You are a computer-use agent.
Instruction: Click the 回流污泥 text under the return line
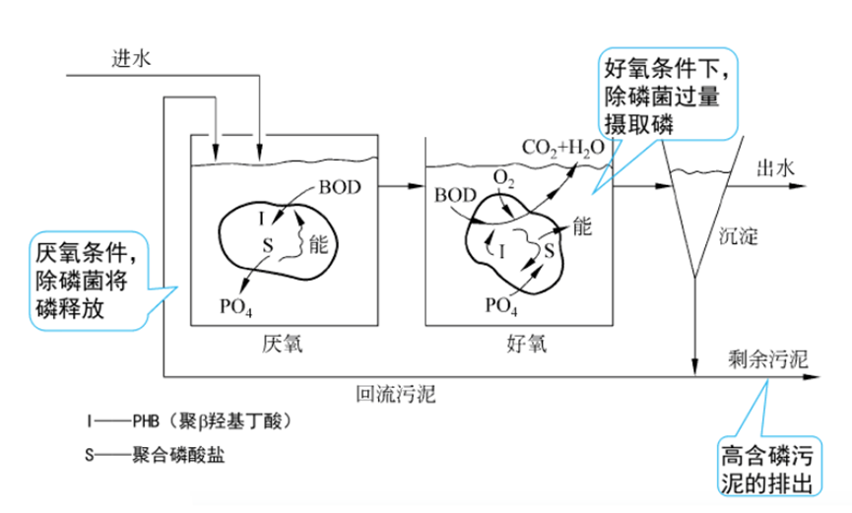pyautogui.click(x=395, y=396)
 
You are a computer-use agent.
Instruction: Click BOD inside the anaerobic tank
pyautogui.click(x=340, y=185)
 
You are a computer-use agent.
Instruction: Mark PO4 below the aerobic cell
pyautogui.click(x=502, y=304)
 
